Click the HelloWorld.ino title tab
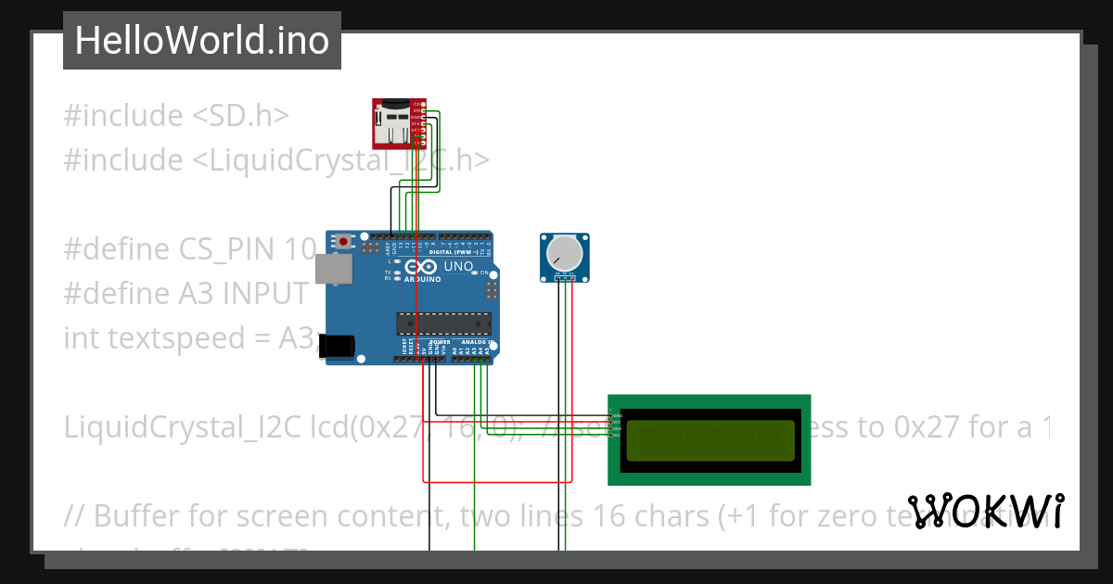201,41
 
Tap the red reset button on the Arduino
344,242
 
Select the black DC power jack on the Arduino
336,346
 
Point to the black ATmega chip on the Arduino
442,323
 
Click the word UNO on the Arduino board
459,267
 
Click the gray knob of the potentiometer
563,252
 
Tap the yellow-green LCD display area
710,440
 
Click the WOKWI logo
985,511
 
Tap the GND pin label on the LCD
616,415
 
